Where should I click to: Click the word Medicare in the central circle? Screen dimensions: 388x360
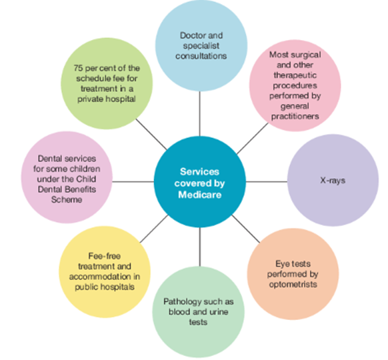pos(200,195)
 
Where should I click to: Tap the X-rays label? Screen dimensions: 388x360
pos(333,181)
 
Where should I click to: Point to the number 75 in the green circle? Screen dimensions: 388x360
pos(78,68)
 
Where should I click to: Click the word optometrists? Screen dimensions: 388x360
pos(293,285)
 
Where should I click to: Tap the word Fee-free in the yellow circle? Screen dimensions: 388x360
pos(105,256)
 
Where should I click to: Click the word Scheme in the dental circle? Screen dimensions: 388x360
pos(67,199)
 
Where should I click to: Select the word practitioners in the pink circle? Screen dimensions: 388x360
pos(295,116)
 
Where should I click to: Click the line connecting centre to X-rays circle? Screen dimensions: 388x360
pos(267,182)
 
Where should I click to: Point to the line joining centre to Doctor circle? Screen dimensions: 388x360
pos(200,113)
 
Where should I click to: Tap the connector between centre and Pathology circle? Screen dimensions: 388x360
pos(200,247)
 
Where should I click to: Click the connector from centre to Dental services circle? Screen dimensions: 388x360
pos(133,182)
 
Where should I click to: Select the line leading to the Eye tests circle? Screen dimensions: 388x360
pos(246,229)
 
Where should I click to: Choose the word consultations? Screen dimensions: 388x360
pos(201,56)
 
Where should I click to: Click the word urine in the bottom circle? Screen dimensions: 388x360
pos(219,312)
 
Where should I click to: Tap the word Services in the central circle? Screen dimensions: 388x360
pos(199,172)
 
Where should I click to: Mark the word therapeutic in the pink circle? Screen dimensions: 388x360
pos(295,75)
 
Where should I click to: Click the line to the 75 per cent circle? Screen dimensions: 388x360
pos(151,135)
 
